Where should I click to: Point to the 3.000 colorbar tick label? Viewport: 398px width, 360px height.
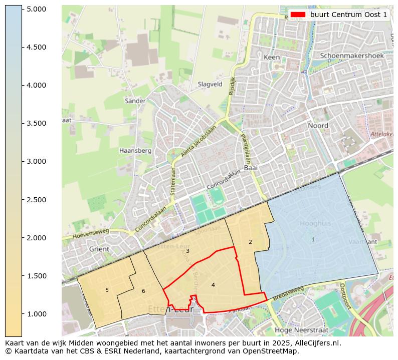pyautogui.click(x=36, y=161)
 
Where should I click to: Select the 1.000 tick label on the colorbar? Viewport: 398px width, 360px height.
pyautogui.click(x=36, y=314)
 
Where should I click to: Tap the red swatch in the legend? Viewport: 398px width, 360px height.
pyautogui.click(x=298, y=15)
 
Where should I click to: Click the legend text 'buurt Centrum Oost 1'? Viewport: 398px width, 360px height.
pyautogui.click(x=348, y=15)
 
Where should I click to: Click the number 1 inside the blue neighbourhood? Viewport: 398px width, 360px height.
pyautogui.click(x=313, y=239)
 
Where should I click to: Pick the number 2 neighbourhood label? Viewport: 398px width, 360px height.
pyautogui.click(x=250, y=242)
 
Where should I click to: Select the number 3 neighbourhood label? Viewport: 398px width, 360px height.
pyautogui.click(x=187, y=251)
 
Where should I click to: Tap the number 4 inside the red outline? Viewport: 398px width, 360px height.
pyautogui.click(x=213, y=285)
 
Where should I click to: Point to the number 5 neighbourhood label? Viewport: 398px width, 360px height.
pyautogui.click(x=107, y=290)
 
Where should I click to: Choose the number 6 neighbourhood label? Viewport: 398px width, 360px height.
pyautogui.click(x=143, y=291)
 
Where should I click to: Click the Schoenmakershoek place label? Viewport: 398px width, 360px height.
pyautogui.click(x=351, y=56)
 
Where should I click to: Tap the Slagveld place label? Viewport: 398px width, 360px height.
pyautogui.click(x=210, y=85)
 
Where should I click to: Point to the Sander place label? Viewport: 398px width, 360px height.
pyautogui.click(x=135, y=101)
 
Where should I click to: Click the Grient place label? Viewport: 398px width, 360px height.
pyautogui.click(x=98, y=249)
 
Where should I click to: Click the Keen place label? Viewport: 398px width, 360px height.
pyautogui.click(x=271, y=58)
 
